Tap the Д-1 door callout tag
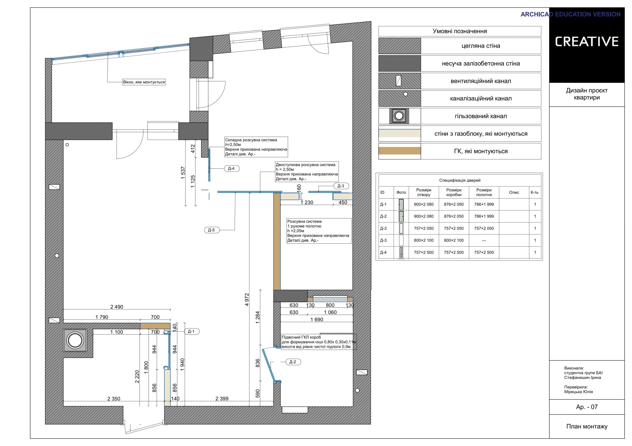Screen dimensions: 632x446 pos(191,332)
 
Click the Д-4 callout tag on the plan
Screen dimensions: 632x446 pos(231,169)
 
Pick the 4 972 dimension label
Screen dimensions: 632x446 pos(247,300)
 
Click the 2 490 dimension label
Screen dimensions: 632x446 pos(117,307)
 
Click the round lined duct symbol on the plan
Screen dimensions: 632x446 pos(75,341)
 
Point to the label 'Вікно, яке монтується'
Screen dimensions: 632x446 pos(144,82)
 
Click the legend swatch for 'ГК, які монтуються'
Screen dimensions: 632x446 pos(400,151)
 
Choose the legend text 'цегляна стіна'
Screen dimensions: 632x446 pos(481,46)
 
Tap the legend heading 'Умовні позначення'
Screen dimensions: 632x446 pos(460,31)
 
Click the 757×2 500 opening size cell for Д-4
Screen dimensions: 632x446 pos(424,252)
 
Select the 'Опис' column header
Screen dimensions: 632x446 pos(514,192)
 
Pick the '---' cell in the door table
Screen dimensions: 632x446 pos(484,240)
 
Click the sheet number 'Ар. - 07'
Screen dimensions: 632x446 pos(587,407)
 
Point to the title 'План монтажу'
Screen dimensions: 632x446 pos(587,427)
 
